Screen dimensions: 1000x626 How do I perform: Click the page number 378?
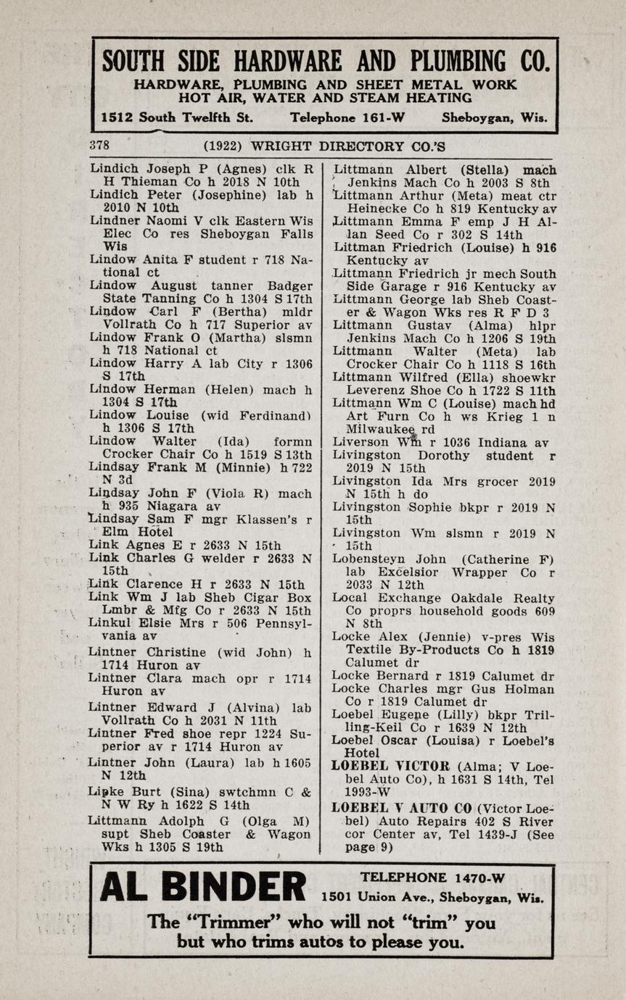tap(99, 145)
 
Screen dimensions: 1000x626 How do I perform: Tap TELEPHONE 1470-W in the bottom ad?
tap(432, 878)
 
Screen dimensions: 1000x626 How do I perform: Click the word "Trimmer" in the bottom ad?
tap(234, 923)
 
